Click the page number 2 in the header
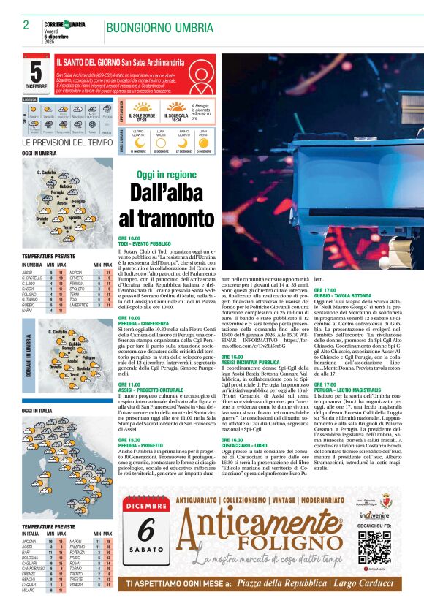coord(26,26)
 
